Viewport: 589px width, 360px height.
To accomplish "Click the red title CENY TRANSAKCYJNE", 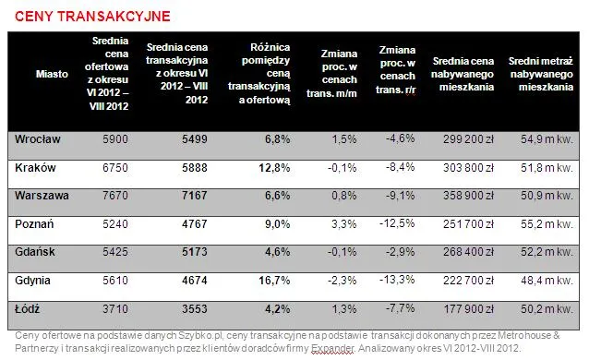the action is point(92,17).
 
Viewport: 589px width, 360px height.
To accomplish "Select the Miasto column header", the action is point(52,74).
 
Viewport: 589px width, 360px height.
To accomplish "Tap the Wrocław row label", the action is point(38,139).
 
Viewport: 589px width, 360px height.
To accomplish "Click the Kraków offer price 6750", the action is point(115,168).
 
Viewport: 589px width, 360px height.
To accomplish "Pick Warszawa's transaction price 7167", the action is point(195,196).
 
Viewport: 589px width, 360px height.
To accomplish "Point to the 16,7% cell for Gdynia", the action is point(274,281).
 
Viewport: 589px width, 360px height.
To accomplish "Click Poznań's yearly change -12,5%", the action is point(397,223).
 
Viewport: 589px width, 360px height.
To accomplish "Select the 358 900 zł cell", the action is point(468,196).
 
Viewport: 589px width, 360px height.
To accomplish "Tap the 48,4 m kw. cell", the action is point(547,281).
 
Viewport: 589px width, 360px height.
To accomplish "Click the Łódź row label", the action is point(27,309).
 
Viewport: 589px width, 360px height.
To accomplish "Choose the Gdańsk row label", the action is point(35,252).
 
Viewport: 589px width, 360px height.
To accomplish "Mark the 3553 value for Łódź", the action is point(195,309).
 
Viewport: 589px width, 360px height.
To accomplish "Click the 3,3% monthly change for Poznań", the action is point(343,224).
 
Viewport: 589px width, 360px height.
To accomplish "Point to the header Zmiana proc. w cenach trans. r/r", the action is point(396,70).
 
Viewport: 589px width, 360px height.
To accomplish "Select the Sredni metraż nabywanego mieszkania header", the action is point(541,74).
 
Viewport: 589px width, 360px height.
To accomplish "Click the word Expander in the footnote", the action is point(333,348).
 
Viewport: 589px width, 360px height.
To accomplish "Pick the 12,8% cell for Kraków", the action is point(274,168).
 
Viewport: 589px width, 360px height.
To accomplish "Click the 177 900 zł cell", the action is point(468,309).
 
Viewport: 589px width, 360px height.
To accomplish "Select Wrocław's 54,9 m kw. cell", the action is point(547,139).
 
